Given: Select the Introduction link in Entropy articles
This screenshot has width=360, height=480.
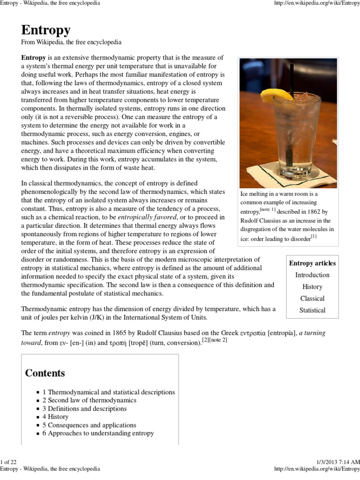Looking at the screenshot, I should click(x=312, y=275).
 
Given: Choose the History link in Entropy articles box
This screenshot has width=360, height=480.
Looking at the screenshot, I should click(x=312, y=287).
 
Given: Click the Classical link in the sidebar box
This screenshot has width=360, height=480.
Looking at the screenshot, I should click(x=312, y=299).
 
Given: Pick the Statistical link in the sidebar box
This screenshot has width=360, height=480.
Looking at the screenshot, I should click(x=312, y=310).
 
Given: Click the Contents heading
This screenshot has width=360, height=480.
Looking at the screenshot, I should click(x=45, y=373).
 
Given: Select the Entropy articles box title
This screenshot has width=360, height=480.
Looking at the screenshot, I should click(x=312, y=263).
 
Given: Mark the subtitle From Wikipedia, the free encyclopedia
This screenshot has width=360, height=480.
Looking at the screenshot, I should click(x=71, y=42).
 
